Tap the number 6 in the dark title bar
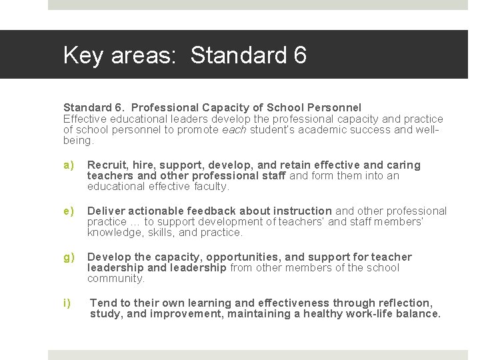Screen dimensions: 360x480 click(299, 55)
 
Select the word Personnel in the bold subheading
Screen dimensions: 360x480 click(336, 107)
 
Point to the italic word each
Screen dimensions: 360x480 click(235, 130)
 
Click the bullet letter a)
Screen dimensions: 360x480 click(68, 165)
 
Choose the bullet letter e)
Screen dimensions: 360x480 click(68, 211)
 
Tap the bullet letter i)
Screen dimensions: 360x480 click(67, 303)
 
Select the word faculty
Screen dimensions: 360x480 click(211, 186)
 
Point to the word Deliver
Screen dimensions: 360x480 click(105, 211)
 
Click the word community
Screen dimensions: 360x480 click(115, 279)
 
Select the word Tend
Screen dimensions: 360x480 click(103, 303)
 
